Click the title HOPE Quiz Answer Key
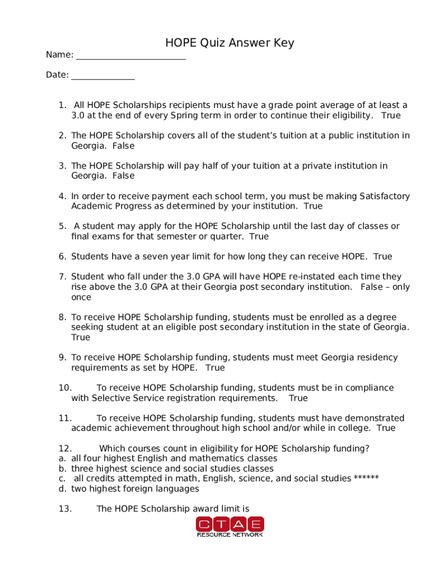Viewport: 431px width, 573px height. (229, 43)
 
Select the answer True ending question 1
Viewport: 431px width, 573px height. (391, 115)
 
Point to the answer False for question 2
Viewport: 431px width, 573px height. (123, 145)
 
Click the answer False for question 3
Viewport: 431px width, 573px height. (123, 176)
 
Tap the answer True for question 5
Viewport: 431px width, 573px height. (259, 236)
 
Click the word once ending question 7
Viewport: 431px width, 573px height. (81, 297)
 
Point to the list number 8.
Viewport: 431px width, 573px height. (62, 317)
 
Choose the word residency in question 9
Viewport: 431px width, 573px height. (376, 358)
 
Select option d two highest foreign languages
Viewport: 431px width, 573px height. (134, 489)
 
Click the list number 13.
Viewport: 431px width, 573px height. (65, 509)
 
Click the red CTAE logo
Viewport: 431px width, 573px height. (229, 527)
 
